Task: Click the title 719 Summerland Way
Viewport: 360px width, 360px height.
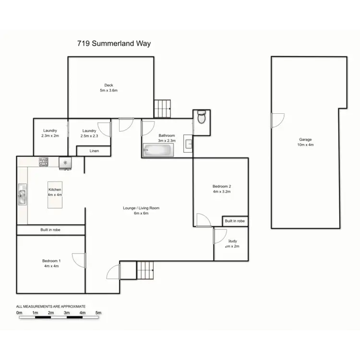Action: tap(114, 44)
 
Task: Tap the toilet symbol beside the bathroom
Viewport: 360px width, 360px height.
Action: tap(202, 117)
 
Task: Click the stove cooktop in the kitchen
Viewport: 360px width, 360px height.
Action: tap(44, 162)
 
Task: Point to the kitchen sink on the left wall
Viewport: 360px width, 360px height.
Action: tap(22, 195)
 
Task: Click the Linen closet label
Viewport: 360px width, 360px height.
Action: tap(94, 151)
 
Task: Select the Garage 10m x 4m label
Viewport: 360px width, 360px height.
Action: tap(306, 142)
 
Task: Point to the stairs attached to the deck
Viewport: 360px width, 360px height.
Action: tap(162, 108)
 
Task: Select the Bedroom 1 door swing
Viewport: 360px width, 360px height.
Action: tap(79, 260)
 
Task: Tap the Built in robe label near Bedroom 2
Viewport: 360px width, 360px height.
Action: tap(235, 221)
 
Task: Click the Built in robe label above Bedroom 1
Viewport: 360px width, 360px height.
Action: tap(50, 230)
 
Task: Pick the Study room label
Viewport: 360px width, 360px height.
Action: tap(232, 244)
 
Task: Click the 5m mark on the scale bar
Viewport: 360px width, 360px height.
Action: tap(98, 312)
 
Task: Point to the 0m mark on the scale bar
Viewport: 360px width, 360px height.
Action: tap(19, 312)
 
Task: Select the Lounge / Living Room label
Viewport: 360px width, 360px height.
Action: tap(141, 211)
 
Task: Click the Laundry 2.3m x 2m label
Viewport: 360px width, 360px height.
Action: tap(50, 133)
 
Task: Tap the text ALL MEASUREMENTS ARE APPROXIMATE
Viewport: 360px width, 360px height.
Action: tap(51, 306)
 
